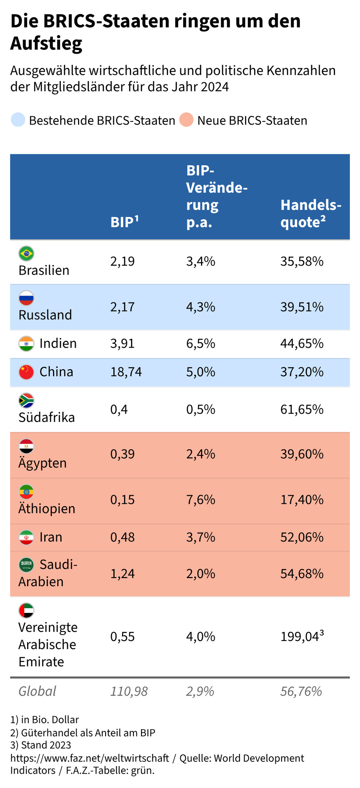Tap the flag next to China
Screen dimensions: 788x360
point(26,372)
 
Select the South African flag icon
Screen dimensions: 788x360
point(26,401)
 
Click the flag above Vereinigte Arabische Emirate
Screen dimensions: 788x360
point(26,610)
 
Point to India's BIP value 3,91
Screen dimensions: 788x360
point(122,344)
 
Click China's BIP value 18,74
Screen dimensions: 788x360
point(126,372)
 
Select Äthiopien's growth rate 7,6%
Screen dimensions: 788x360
point(200,500)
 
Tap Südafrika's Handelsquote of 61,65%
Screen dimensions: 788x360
point(302,410)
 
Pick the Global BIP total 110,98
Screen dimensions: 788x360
point(129,692)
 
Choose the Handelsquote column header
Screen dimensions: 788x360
point(311,213)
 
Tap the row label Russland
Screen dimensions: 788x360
point(45,315)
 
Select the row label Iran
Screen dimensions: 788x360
point(51,537)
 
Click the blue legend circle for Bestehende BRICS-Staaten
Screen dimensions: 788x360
point(18,120)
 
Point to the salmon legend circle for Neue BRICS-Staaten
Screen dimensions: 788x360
point(186,120)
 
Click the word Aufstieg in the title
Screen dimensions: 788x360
point(46,43)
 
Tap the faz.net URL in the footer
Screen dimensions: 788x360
point(90,758)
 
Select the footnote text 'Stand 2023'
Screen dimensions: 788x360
point(46,745)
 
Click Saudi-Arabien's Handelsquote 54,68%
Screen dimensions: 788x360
point(302,574)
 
